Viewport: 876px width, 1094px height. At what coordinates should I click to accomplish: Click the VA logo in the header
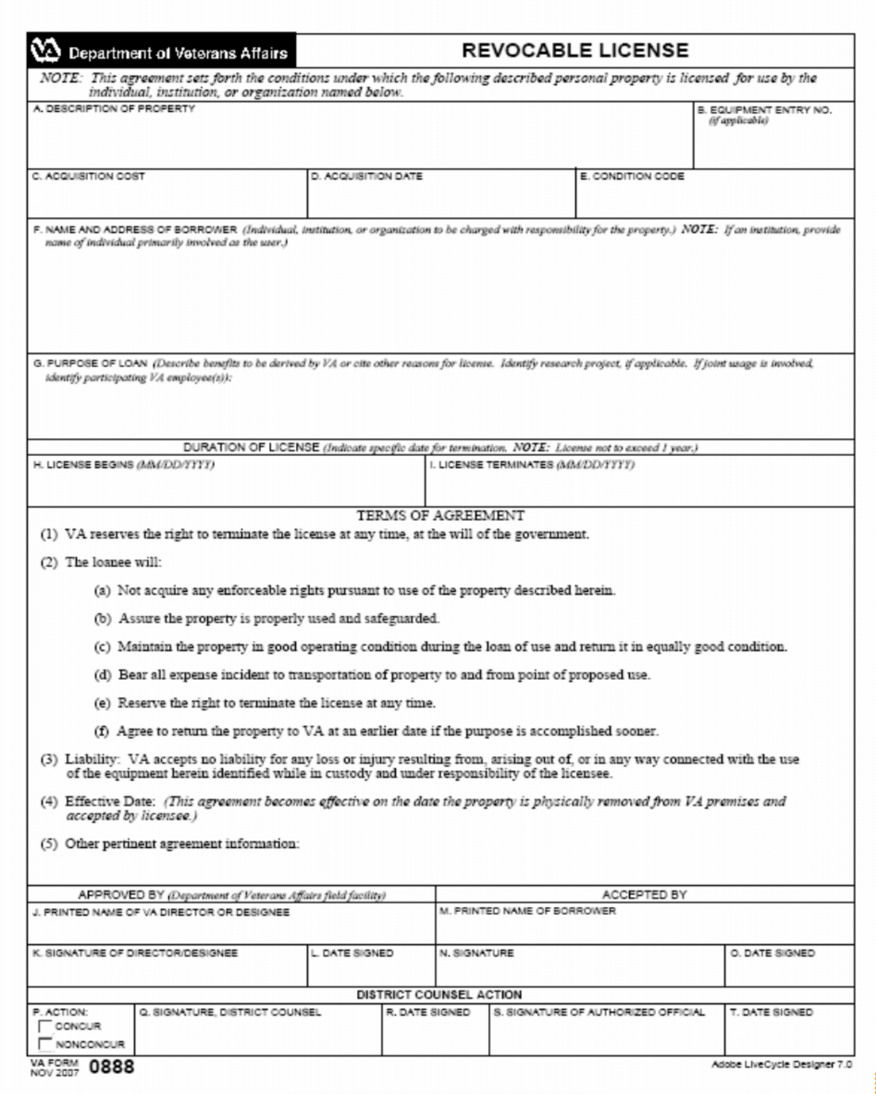click(46, 51)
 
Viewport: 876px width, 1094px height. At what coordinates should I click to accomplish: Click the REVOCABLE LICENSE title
click(575, 51)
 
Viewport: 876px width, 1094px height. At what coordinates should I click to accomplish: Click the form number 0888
click(112, 1066)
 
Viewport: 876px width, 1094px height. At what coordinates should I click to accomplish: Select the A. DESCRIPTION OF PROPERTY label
click(114, 109)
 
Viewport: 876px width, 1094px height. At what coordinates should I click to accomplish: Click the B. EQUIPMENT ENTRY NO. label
click(764, 111)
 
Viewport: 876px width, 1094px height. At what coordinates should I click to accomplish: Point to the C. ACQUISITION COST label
click(88, 176)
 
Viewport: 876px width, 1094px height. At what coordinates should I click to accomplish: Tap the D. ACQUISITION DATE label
click(366, 176)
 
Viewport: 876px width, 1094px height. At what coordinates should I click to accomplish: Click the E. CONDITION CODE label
click(632, 176)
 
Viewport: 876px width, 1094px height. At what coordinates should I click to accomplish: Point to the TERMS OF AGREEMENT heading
click(440, 516)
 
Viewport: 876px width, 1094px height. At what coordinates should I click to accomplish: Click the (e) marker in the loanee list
click(102, 703)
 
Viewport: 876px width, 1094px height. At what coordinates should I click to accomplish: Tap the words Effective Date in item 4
click(110, 801)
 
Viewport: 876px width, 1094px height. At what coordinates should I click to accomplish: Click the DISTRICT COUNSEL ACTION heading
click(439, 995)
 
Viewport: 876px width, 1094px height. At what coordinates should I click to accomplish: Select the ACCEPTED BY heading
click(644, 895)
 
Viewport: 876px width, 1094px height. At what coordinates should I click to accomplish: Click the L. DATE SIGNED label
click(352, 953)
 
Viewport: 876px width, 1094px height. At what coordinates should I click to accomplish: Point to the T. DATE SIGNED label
click(771, 1012)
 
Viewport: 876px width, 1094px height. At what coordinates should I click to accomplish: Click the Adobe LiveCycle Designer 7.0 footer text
click(781, 1064)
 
